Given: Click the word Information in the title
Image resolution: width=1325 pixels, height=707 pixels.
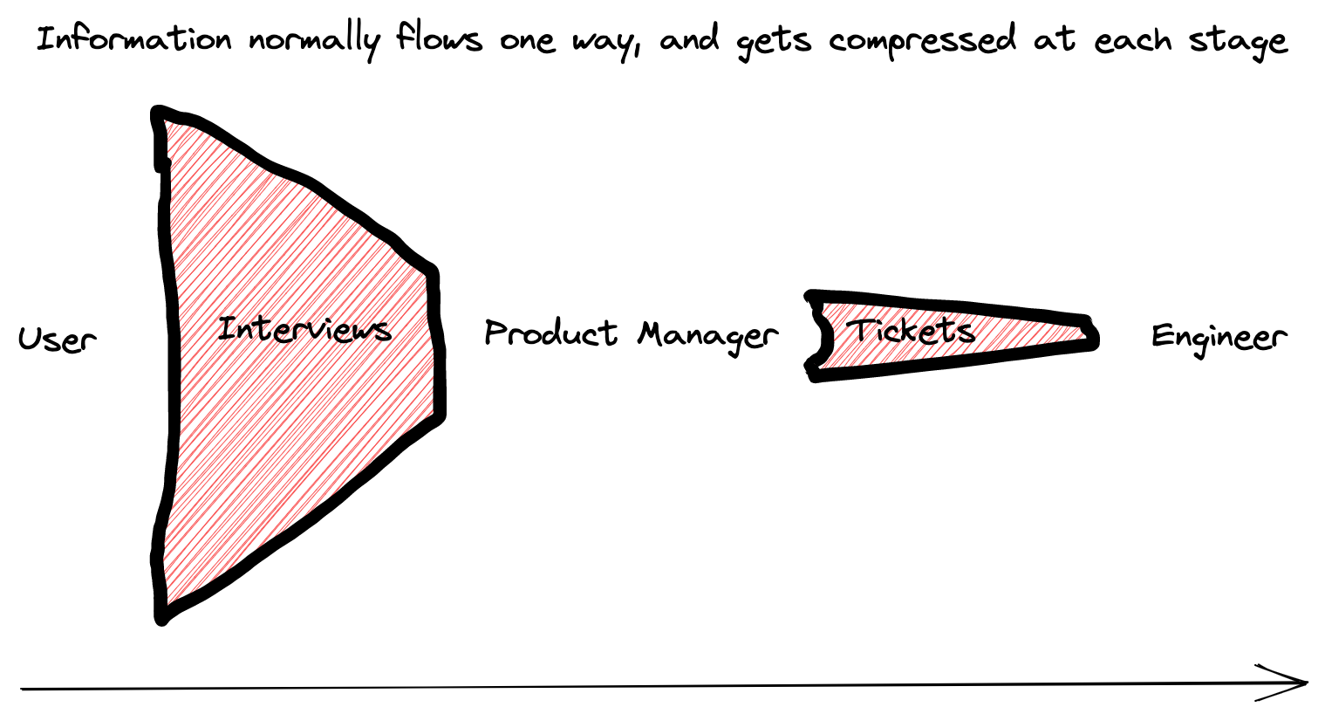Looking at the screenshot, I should click(x=133, y=40).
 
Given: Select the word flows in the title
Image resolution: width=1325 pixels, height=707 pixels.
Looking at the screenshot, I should click(x=439, y=40).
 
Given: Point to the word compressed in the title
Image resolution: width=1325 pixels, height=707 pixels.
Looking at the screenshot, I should click(x=922, y=42).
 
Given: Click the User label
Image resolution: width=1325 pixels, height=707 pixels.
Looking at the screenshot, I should click(x=58, y=339).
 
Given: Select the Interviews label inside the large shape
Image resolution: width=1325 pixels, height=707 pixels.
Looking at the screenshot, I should click(x=304, y=330).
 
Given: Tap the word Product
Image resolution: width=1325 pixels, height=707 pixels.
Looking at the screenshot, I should click(x=551, y=333).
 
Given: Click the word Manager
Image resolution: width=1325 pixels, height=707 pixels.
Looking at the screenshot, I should click(x=707, y=336).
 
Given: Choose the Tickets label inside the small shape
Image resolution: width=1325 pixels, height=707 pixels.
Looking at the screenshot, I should click(x=911, y=331).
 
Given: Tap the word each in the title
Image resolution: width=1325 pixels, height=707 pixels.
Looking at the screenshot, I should click(x=1130, y=41).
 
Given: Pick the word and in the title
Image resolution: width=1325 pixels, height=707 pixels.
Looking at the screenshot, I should click(x=689, y=40).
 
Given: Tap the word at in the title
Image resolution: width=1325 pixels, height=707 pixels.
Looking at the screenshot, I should click(x=1053, y=41).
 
